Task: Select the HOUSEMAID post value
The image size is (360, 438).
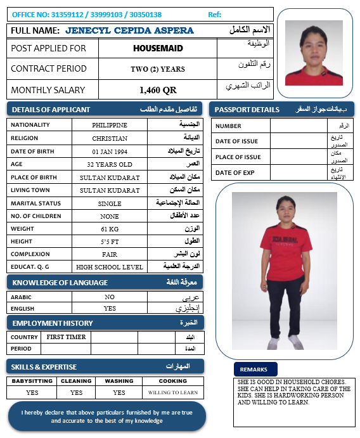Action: click(x=158, y=48)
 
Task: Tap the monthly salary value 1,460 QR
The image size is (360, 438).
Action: click(x=158, y=90)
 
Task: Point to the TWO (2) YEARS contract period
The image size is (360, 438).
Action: click(x=158, y=69)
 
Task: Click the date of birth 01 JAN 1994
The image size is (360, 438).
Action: click(x=110, y=151)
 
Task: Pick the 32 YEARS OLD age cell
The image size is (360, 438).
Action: click(x=110, y=164)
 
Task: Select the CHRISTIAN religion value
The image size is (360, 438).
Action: click(x=110, y=138)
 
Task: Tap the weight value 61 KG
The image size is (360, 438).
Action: click(x=110, y=229)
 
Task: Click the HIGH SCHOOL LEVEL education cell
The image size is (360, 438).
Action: click(x=110, y=267)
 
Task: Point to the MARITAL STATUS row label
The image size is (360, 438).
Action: click(x=35, y=203)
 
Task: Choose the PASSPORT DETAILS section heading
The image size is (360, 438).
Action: click(x=247, y=110)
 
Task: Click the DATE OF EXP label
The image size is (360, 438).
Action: click(x=235, y=172)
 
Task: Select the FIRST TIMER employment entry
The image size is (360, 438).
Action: click(x=66, y=337)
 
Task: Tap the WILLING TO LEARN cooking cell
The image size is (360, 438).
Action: click(x=173, y=392)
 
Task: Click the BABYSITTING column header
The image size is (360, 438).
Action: click(x=32, y=381)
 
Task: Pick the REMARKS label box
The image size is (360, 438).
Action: click(x=254, y=370)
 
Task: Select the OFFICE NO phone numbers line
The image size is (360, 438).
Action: click(x=87, y=14)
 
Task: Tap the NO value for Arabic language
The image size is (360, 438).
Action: click(x=110, y=297)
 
